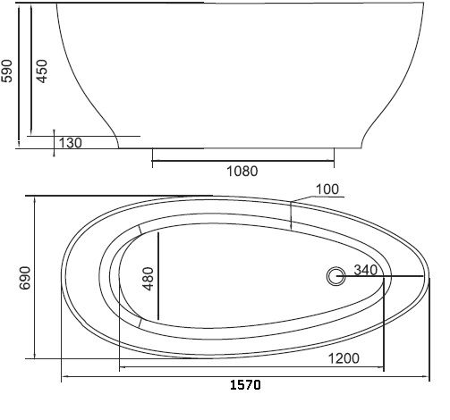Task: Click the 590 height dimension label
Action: tap(6, 71)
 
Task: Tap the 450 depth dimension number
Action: tap(42, 71)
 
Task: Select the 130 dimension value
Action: tap(71, 143)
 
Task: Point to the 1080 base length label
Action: tap(242, 172)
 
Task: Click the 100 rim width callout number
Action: tap(327, 189)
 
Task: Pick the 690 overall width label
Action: tap(25, 278)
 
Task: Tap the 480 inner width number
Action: tap(149, 279)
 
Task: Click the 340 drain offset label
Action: tap(366, 270)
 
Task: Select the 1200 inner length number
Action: tap(344, 358)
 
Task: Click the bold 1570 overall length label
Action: tap(245, 385)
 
